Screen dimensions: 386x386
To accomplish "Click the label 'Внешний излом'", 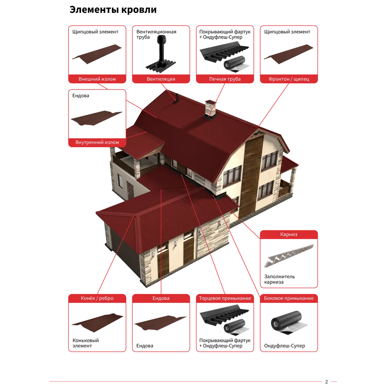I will click(97, 79).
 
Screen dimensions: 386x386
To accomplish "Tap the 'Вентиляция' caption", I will click(161, 79).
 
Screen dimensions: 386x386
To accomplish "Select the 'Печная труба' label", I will click(225, 79).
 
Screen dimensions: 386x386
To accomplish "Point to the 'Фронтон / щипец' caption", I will click(289, 79).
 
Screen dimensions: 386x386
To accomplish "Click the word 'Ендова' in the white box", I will click(81, 95).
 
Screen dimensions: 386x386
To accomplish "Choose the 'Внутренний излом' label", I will click(97, 142).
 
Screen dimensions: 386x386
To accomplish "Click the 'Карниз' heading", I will click(289, 234).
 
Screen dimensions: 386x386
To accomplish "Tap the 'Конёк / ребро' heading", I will click(97, 298).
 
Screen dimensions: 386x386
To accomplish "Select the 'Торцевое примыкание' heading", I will click(225, 298).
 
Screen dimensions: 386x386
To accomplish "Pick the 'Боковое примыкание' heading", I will click(289, 298).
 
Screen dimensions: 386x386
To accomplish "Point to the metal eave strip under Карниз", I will click(289, 256).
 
